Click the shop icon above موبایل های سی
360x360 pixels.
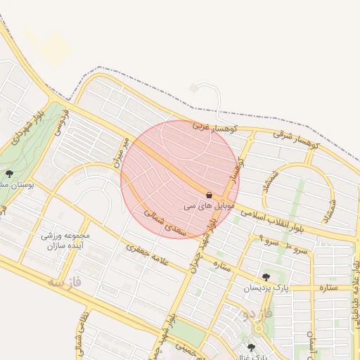(209, 195)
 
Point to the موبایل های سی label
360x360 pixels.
(209, 207)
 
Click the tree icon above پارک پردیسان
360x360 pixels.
(265, 277)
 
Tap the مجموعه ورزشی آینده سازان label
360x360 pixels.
(63, 241)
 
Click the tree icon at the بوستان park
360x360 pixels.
(9, 173)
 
